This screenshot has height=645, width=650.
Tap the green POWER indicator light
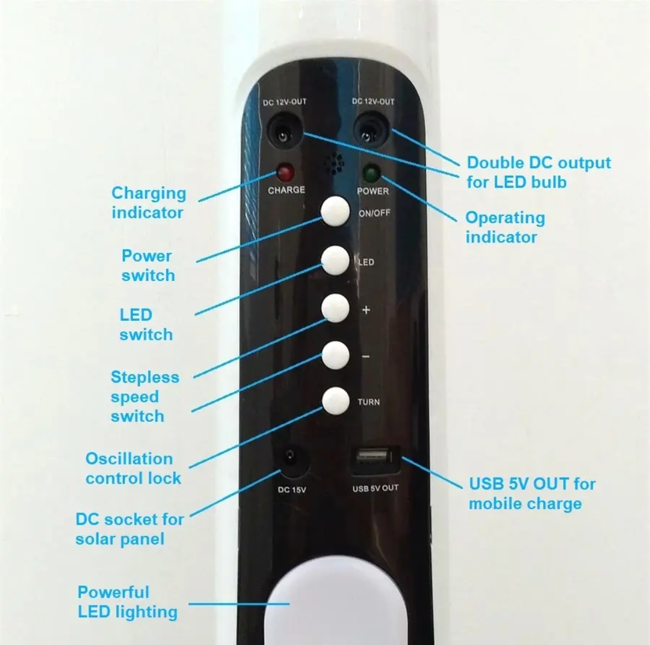point(370,174)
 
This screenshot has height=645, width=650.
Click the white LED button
point(335,261)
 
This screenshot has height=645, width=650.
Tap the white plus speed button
point(335,308)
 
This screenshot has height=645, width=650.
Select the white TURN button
point(335,401)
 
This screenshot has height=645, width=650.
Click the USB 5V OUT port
point(374,464)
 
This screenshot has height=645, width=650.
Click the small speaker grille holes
point(333,164)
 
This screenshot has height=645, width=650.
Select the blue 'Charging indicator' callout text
point(149,203)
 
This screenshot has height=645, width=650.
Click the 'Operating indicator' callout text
point(504,227)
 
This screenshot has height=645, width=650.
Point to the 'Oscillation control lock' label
point(133,468)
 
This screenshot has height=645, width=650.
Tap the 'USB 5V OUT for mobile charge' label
point(531,493)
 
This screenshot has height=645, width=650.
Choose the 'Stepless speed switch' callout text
point(144,396)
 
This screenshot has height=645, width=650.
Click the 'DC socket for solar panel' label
point(129,528)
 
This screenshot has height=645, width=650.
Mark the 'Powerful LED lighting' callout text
point(128,602)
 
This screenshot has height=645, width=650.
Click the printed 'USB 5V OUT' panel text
point(375,488)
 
